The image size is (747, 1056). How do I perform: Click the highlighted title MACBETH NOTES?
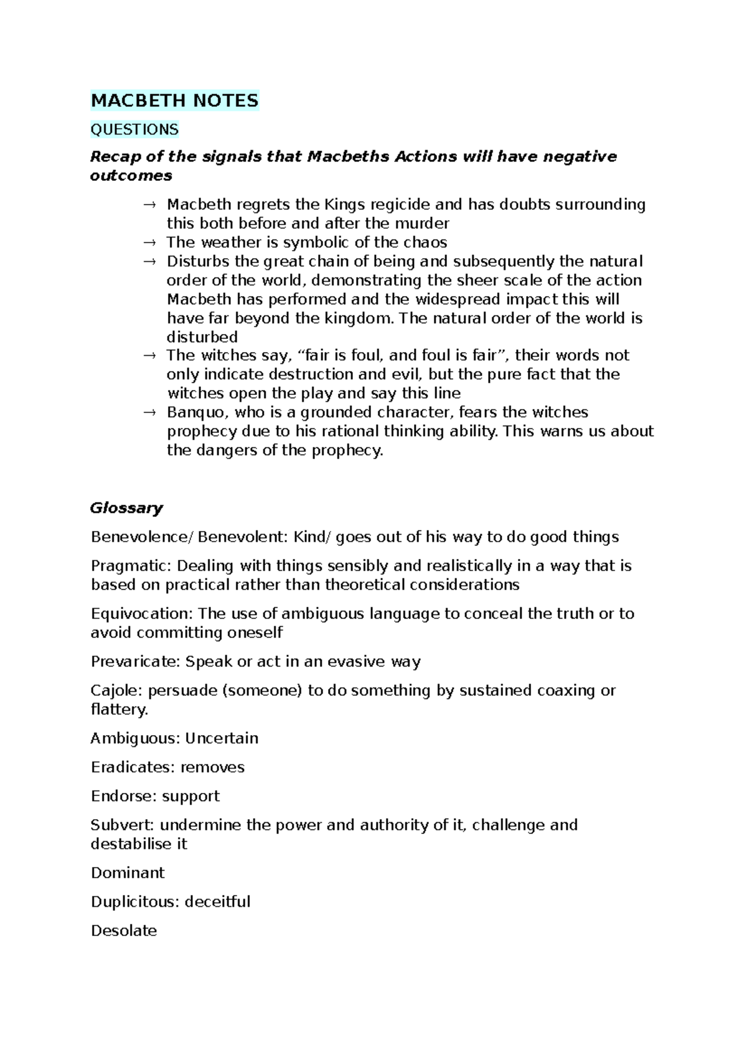(174, 101)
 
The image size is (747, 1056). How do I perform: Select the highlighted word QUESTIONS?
(134, 129)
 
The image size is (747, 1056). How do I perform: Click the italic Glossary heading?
(126, 508)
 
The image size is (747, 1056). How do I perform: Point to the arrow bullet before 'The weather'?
(149, 243)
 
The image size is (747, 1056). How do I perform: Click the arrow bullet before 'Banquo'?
(149, 412)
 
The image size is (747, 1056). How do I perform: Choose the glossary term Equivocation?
(141, 614)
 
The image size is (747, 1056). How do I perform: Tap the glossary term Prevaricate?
(135, 662)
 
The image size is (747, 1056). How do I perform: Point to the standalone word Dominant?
(128, 873)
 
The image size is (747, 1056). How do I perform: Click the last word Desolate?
(124, 931)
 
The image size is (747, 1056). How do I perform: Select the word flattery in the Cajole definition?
(118, 710)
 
